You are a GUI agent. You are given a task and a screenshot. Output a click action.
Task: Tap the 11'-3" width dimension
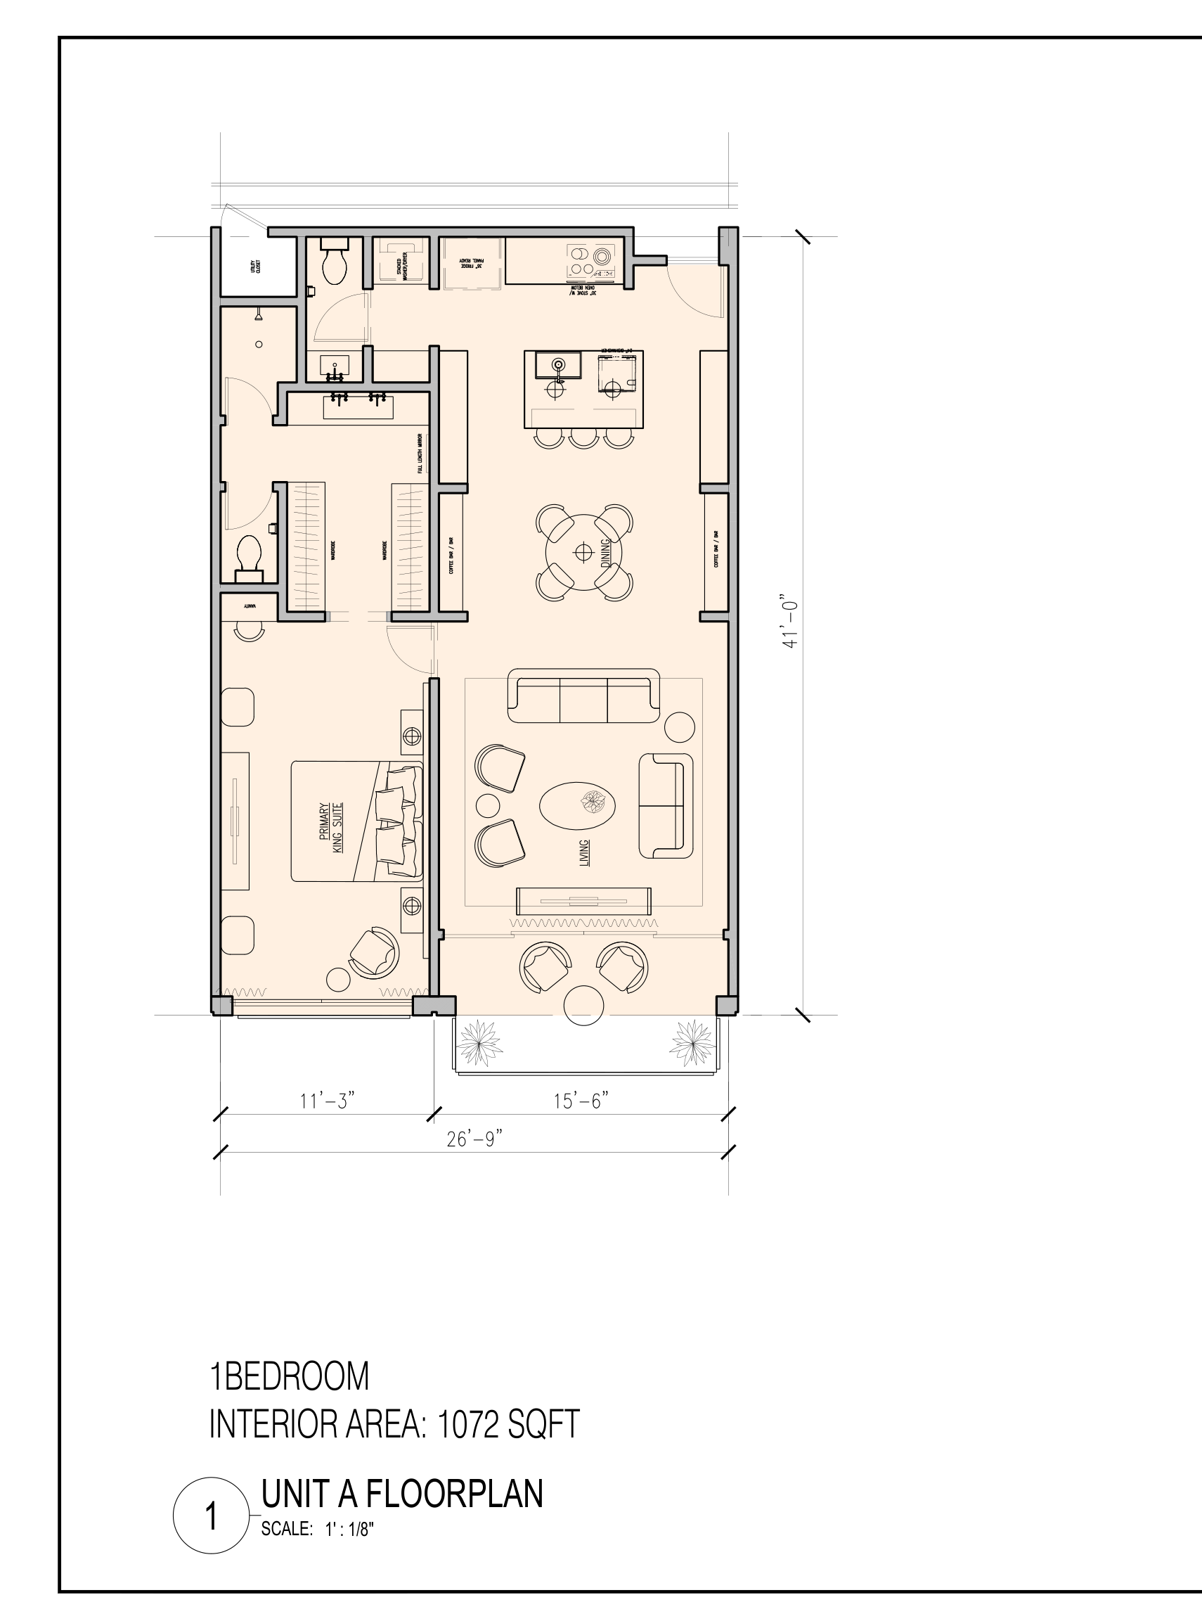(327, 1100)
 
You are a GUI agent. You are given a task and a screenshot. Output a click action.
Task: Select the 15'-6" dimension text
(580, 1100)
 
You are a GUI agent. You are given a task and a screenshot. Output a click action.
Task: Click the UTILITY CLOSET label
(255, 266)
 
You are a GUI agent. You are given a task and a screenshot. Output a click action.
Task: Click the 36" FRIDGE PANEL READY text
(470, 263)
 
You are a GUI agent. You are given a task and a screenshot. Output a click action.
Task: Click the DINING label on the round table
(605, 553)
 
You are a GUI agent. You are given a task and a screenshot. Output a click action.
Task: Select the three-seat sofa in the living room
(583, 697)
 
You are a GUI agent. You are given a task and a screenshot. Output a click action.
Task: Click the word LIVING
(583, 853)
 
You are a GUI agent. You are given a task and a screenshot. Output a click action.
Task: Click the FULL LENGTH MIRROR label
(420, 454)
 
